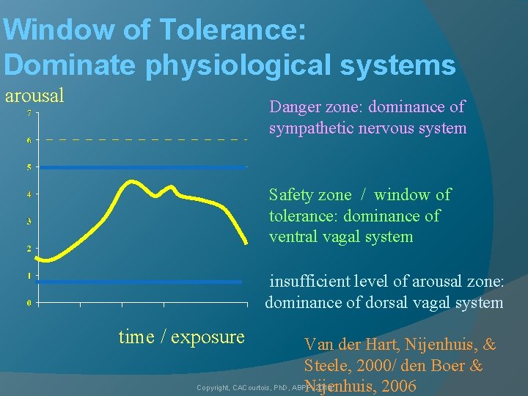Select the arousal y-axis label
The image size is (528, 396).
(x=34, y=95)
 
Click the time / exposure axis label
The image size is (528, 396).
(x=181, y=337)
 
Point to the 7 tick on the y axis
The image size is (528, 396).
(x=29, y=113)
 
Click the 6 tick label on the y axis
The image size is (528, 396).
(x=29, y=140)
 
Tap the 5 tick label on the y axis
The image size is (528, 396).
(x=29, y=167)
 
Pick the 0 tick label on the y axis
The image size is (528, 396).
(x=29, y=303)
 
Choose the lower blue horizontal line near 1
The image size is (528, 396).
(x=139, y=282)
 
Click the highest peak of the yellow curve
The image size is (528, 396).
(x=132, y=181)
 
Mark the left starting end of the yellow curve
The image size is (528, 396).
(x=37, y=257)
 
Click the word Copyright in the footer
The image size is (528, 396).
(x=212, y=387)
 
